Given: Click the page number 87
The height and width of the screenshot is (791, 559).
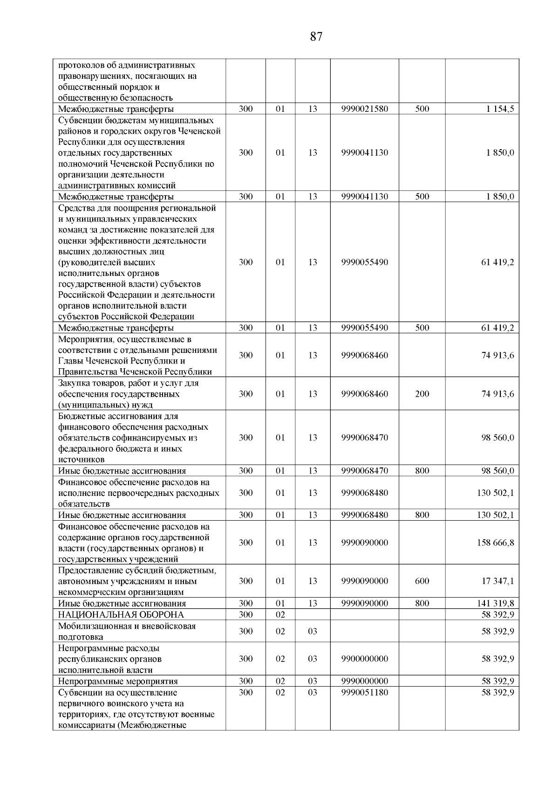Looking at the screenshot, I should coord(316,37).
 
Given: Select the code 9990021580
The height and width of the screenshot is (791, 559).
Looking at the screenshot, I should coord(364,109).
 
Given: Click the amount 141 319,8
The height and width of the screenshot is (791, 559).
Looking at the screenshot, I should coord(496,604).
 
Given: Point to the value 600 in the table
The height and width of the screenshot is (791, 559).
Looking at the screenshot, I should coord(422,581).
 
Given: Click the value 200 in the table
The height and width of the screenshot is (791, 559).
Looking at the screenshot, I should coord(422,394).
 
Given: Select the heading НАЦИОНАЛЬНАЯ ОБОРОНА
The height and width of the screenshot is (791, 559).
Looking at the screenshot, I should coord(121,615).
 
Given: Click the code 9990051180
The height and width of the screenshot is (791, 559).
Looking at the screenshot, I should coord(364,693).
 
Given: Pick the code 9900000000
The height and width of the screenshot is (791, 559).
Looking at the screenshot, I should coord(364,659).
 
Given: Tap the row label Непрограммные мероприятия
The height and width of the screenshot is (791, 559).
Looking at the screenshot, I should coord(118,681).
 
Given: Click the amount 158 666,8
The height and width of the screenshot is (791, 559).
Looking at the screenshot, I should coord(496,543).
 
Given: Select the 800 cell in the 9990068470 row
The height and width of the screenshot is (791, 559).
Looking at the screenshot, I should coord(422,471).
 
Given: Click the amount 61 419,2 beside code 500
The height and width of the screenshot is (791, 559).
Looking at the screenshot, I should coord(498,328).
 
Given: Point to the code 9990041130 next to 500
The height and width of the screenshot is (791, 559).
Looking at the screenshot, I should coord(364,197).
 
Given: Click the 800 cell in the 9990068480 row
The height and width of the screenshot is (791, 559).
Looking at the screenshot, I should coord(422,515).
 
